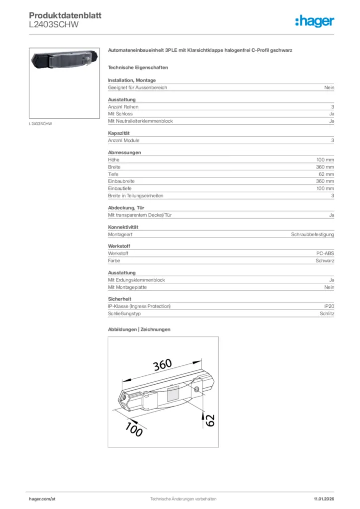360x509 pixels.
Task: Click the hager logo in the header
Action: [315, 21]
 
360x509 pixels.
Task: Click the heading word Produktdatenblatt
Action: [65, 16]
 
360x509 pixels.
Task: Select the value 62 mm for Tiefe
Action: [326, 174]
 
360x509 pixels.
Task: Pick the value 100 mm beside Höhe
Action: [325, 160]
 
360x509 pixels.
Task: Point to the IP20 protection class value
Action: [329, 307]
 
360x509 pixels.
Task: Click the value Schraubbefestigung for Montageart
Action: [312, 234]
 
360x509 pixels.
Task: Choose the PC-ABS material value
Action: [325, 254]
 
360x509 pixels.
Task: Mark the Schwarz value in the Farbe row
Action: [325, 260]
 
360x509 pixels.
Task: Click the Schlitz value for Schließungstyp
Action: [327, 314]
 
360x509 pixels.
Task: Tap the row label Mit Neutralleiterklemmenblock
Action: [140, 121]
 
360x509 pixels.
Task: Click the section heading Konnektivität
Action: [123, 227]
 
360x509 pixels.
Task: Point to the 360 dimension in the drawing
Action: [162, 365]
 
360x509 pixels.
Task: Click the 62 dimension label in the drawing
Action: [210, 420]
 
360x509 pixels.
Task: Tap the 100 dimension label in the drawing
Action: [133, 428]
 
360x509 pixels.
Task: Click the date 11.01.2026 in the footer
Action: [324, 499]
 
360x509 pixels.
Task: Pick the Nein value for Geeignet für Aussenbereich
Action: [329, 87]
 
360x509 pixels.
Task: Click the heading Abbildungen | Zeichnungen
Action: [139, 330]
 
